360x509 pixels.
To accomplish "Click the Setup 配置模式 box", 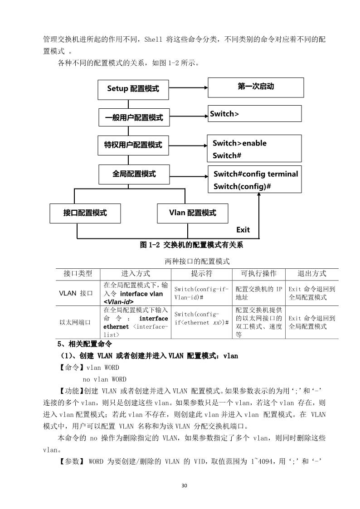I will pyautogui.click(x=133, y=89).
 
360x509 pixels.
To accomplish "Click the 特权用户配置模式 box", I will pyautogui.click(x=133, y=145).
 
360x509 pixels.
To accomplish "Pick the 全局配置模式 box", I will pyautogui.click(x=134, y=174).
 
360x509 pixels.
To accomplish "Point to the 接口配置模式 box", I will pyautogui.click(x=85, y=213).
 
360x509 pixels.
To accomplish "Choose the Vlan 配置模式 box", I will pyautogui.click(x=192, y=213).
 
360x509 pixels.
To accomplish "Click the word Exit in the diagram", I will pyautogui.click(x=243, y=230).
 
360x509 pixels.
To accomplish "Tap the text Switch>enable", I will pyautogui.click(x=239, y=143).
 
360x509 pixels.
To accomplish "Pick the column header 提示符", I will pyautogui.click(x=201, y=274).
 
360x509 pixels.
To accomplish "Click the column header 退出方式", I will pyautogui.click(x=311, y=274).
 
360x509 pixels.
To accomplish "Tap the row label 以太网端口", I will pyautogui.click(x=75, y=322).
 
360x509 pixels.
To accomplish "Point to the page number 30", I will pyautogui.click(x=184, y=486).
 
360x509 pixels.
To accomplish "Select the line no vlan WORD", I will pyautogui.click(x=104, y=379).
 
